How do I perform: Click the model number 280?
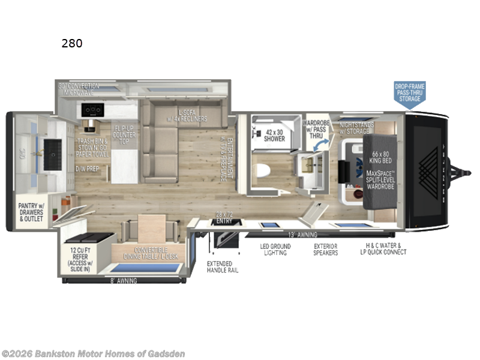click(x=72, y=43)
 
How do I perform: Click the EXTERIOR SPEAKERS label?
click(x=326, y=250)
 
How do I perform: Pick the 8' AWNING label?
click(x=124, y=281)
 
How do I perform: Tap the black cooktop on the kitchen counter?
click(x=94, y=111)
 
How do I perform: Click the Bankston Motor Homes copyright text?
click(x=93, y=353)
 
